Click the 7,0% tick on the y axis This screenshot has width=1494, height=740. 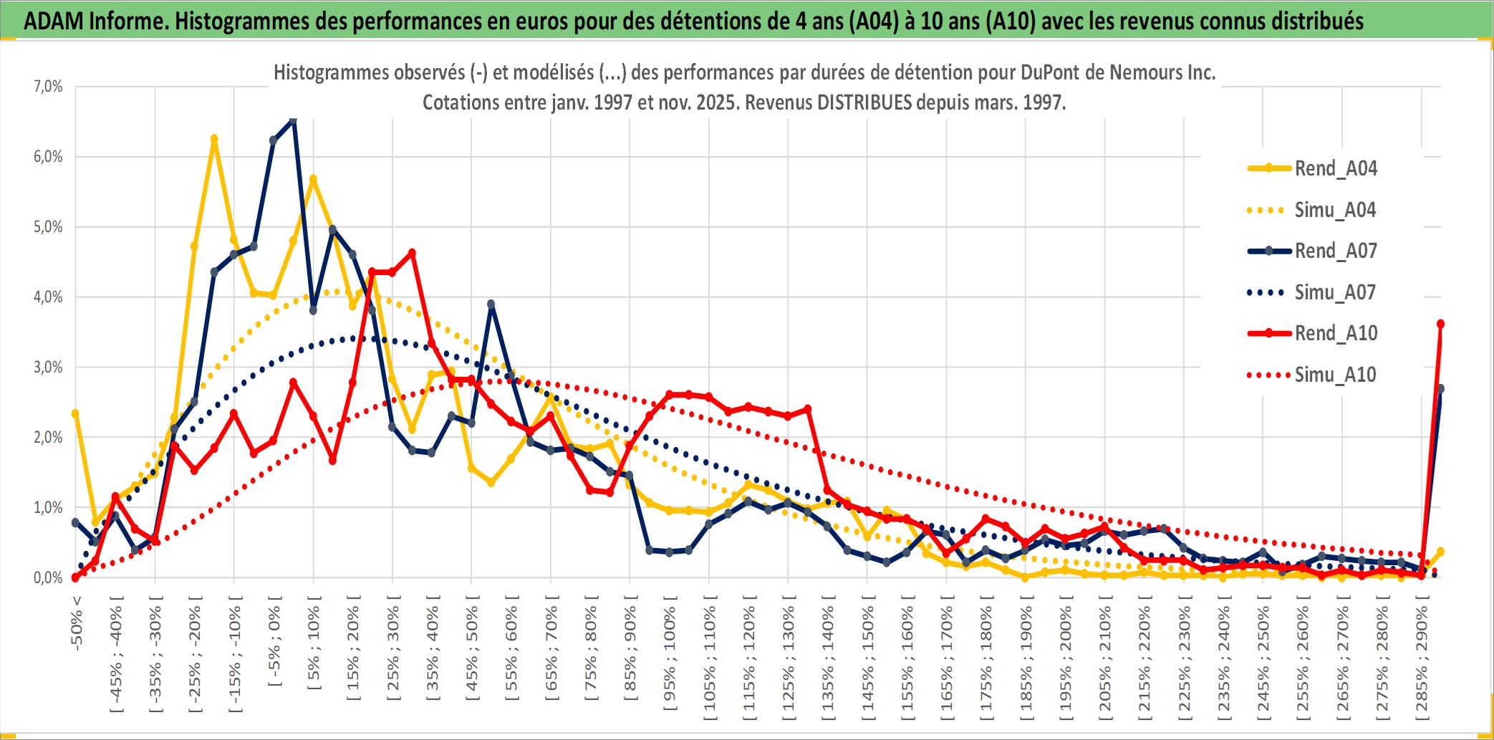pos(48,87)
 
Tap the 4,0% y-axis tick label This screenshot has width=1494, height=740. pos(48,297)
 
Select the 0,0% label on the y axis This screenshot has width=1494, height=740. pos(48,577)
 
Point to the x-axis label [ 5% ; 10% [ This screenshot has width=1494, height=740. pos(314,647)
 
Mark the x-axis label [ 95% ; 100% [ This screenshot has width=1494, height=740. pos(670,658)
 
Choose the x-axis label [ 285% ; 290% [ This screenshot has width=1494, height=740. pos(1422,658)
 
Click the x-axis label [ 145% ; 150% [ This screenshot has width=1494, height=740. pos(867,658)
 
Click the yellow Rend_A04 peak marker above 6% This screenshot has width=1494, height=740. pos(213,139)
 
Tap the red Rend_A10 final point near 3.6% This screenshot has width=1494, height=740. pos(1440,324)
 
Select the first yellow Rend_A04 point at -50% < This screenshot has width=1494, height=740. pos(75,413)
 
